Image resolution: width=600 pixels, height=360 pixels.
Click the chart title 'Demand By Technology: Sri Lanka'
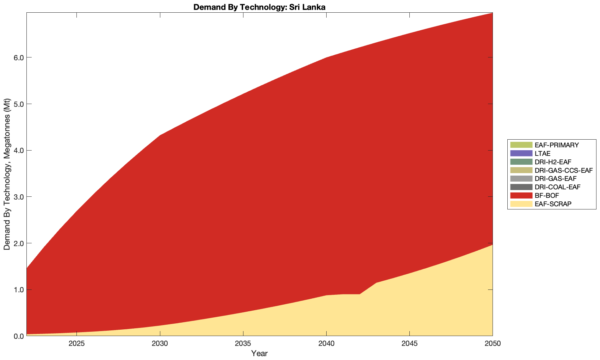tap(259, 7)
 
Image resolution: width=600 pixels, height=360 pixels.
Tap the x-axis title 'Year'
tap(259, 353)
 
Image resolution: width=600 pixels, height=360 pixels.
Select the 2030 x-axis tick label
tap(160, 344)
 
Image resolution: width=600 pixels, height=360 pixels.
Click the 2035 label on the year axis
tap(243, 344)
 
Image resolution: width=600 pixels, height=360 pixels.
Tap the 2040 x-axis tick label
tap(326, 344)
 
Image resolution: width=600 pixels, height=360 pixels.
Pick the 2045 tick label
tap(409, 344)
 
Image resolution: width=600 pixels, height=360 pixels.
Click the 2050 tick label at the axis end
tap(493, 344)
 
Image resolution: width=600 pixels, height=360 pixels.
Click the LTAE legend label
tap(542, 153)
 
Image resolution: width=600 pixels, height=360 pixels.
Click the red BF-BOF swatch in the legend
tap(521, 195)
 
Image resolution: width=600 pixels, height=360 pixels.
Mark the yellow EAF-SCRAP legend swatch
tap(521, 204)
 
